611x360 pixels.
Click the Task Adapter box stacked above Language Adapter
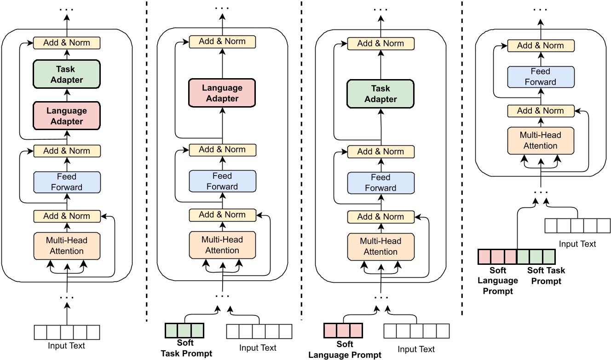pyautogui.click(x=66, y=74)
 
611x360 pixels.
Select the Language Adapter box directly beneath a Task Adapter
pyautogui.click(x=66, y=116)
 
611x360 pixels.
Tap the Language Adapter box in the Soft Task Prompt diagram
pyautogui.click(x=222, y=93)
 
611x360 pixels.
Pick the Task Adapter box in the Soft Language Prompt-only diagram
pyautogui.click(x=380, y=94)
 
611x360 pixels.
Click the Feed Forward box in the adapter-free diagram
pyautogui.click(x=540, y=77)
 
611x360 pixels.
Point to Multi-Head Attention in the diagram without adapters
pyautogui.click(x=540, y=140)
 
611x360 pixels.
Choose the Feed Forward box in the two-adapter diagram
pyautogui.click(x=67, y=182)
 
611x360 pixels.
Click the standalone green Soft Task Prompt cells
pyautogui.click(x=184, y=331)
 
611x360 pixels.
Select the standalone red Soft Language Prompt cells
pyautogui.click(x=343, y=331)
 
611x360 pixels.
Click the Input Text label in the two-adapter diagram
pyautogui.click(x=67, y=346)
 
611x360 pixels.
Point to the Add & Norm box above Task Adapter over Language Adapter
pyautogui.click(x=67, y=43)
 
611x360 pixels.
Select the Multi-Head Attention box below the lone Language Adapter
pyautogui.click(x=222, y=245)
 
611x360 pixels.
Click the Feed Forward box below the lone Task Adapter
pyautogui.click(x=380, y=183)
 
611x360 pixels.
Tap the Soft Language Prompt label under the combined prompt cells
pyautogui.click(x=497, y=280)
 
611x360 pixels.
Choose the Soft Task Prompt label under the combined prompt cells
pyautogui.click(x=546, y=276)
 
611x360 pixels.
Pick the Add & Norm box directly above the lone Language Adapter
pyautogui.click(x=222, y=41)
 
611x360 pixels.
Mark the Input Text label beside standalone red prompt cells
pyautogui.click(x=416, y=349)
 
